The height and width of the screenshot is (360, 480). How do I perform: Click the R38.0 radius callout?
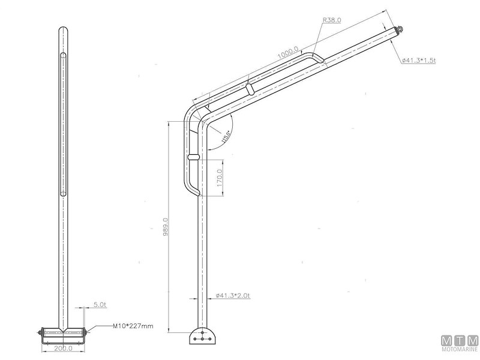pos(332,20)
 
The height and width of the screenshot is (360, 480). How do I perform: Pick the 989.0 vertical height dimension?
pos(166,227)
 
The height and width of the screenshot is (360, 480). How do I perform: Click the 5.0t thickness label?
pos(100,305)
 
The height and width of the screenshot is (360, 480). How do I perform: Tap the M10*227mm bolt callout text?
pos(133,326)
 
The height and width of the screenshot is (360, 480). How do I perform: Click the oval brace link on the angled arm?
pos(249,89)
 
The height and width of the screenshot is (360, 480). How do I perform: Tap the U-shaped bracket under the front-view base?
pos(63,340)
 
